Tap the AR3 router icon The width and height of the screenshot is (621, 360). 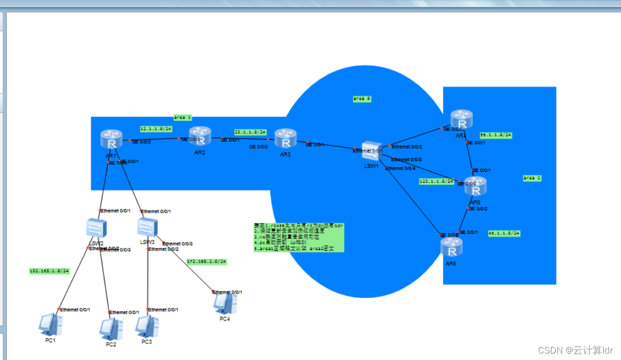(285, 139)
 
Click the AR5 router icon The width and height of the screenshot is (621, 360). (475, 186)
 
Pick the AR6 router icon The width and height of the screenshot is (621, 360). (451, 248)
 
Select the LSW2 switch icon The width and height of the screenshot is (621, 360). (97, 229)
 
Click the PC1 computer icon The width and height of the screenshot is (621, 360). (51, 324)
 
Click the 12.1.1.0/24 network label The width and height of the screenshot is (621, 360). (156, 129)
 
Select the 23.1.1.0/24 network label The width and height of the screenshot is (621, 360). (250, 132)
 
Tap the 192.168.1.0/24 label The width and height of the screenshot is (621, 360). (49, 271)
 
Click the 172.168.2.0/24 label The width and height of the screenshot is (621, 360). (206, 261)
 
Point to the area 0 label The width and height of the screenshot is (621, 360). (362, 99)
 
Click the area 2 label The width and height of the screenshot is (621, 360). (532, 177)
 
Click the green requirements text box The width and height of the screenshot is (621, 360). (298, 237)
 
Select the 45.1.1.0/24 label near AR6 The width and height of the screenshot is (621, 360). (504, 233)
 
